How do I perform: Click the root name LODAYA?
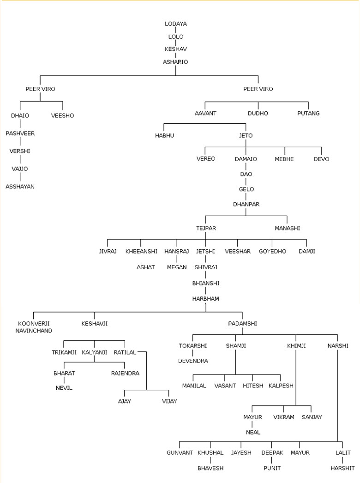coord(175,24)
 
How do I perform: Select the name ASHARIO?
coord(175,62)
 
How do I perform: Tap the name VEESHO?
coord(62,115)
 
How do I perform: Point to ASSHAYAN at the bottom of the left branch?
coord(20,187)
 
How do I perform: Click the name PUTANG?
coord(308,113)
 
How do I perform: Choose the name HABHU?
coord(164,136)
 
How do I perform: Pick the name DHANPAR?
coord(246,204)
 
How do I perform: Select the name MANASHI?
coord(288,228)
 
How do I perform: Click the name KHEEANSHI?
coord(141,251)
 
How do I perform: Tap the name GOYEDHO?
coord(272,251)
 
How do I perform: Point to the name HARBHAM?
coord(205,299)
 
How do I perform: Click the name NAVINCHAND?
coord(34,331)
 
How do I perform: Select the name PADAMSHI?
coord(242,324)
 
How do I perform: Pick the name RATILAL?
coord(125,352)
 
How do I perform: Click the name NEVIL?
coord(64,388)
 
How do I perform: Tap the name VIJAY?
coord(169,401)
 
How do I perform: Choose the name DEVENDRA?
coord(193,361)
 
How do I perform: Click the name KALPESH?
coord(281,386)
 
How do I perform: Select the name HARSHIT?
coord(342,468)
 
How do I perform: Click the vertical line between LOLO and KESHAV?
coord(175,43)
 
